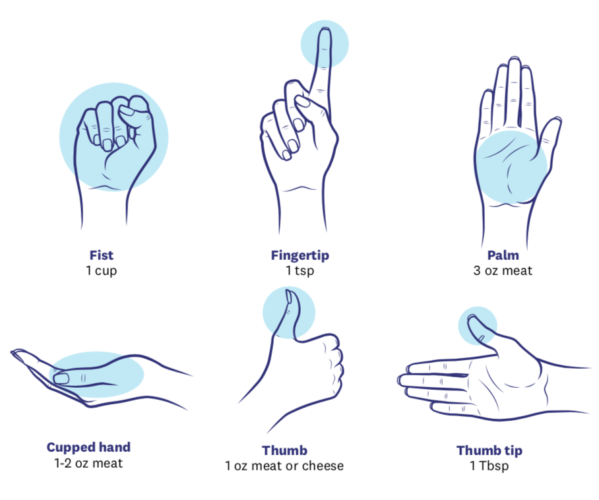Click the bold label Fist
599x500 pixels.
coord(101,255)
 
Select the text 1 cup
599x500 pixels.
coord(101,270)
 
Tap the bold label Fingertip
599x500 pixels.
coord(300,255)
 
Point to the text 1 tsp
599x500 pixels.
coord(300,270)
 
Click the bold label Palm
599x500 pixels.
coord(503,255)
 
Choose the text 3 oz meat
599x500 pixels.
coord(503,270)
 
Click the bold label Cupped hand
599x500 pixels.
coord(88,447)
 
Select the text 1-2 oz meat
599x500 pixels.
coord(88,463)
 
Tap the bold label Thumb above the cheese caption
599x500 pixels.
coord(284,451)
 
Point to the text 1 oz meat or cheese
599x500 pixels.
coord(284,466)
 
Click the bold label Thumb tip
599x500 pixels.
coord(489,451)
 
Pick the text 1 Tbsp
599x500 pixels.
coord(489,466)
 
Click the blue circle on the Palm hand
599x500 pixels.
coord(512,167)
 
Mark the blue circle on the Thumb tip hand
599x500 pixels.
coord(478,326)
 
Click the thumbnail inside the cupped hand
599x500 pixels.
coord(61,379)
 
